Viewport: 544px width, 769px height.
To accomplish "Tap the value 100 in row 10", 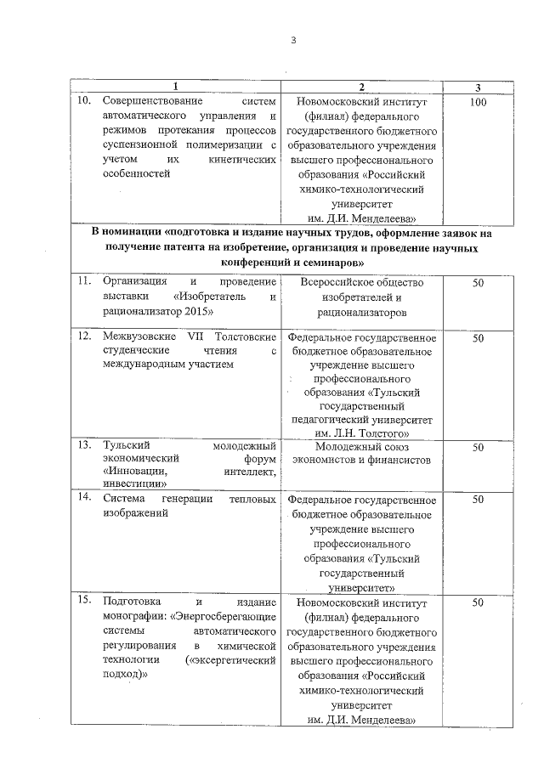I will tap(477, 103).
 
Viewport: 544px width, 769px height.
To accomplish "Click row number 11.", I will tap(83, 281).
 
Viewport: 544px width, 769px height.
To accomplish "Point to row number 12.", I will tap(83, 337).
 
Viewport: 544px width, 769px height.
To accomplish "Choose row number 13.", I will tap(83, 445).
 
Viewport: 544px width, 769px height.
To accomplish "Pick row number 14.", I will tap(83, 499).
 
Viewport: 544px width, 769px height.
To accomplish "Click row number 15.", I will tap(83, 602).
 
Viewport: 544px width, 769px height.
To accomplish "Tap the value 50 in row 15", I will tap(478, 602).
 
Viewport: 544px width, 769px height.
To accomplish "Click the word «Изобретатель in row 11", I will tap(207, 297).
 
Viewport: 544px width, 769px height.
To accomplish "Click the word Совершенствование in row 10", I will tap(157, 103).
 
